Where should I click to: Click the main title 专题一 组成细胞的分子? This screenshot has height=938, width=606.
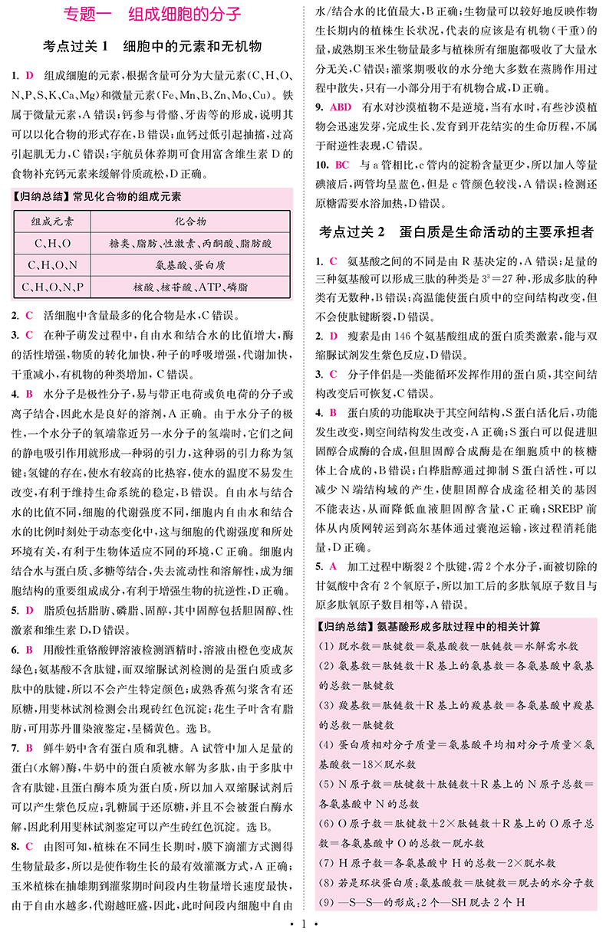(x=152, y=15)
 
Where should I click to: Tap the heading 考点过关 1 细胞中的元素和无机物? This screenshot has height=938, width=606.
(x=152, y=46)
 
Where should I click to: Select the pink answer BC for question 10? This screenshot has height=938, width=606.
(x=342, y=165)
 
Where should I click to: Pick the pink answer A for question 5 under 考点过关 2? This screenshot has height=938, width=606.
(x=333, y=567)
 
